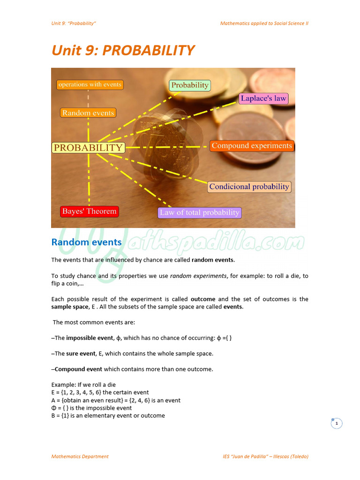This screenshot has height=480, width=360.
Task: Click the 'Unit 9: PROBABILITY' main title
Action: click(x=123, y=51)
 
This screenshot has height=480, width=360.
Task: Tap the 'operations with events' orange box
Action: click(x=89, y=85)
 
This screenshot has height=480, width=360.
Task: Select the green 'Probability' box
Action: click(x=189, y=85)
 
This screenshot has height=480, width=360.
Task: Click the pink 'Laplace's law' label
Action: click(x=263, y=98)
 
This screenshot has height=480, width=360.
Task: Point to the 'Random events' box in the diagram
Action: click(x=88, y=113)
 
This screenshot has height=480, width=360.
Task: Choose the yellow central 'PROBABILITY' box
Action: click(x=88, y=148)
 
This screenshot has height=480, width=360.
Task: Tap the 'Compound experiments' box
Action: click(x=252, y=146)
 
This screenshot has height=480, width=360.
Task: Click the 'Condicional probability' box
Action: click(x=249, y=187)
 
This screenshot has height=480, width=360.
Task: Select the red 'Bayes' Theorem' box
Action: click(x=89, y=211)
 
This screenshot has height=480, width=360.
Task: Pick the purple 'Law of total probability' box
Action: click(x=200, y=212)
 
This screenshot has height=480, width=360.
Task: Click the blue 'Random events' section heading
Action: click(x=86, y=242)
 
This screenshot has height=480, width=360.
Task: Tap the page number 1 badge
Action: click(x=336, y=424)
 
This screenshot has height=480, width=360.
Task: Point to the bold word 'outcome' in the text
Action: click(x=202, y=299)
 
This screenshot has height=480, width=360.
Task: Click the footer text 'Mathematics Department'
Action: click(x=80, y=456)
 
